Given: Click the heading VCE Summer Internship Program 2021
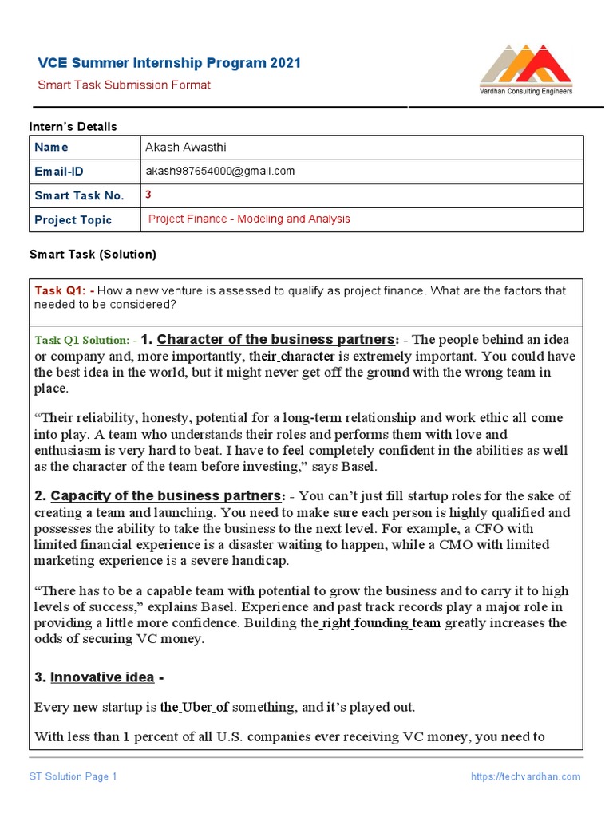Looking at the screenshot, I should [x=170, y=63].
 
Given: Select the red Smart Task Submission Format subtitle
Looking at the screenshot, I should [x=125, y=85].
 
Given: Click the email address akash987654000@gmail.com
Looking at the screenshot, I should [x=219, y=171].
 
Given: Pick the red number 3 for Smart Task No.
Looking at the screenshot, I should [x=148, y=194].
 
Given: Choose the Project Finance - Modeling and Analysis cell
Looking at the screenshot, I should [x=249, y=219].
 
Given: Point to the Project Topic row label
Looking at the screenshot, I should [x=73, y=219].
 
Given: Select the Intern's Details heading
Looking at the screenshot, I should [x=73, y=126].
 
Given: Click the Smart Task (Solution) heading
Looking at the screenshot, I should [x=93, y=255].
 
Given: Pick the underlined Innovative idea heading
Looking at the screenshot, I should [x=101, y=677].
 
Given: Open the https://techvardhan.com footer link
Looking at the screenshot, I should [x=525, y=776].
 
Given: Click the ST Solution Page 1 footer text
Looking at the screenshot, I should [x=73, y=776].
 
